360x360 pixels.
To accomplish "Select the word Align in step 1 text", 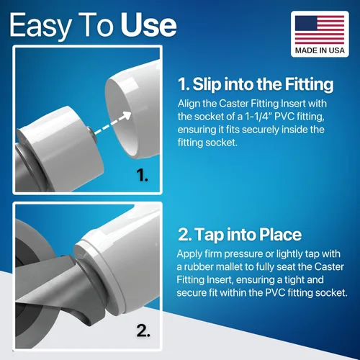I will tap(189, 104).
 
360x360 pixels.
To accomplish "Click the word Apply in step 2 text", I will tap(190, 255).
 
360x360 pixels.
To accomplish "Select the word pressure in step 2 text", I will tap(244, 255).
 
